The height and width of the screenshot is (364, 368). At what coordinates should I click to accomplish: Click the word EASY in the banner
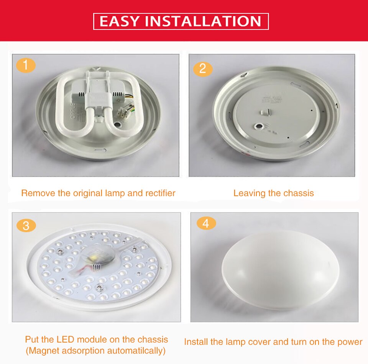coord(118,21)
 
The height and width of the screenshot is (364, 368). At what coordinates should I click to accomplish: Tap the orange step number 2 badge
coord(203,69)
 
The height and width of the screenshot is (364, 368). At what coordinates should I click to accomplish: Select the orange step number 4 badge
coord(206,223)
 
